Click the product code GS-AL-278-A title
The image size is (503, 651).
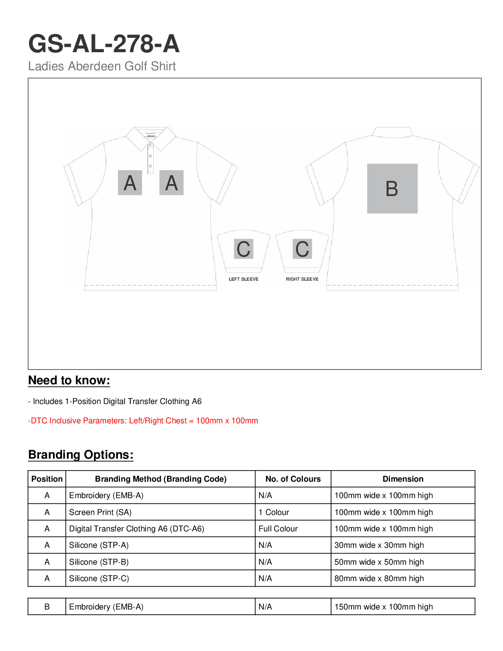104,44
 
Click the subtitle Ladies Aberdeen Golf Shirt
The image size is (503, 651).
102,66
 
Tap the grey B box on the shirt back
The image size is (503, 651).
392,189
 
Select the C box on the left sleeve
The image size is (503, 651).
243,249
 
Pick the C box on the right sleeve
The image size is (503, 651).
302,249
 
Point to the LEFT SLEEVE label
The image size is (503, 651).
243,279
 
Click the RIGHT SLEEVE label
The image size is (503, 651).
302,279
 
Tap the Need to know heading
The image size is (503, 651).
69,380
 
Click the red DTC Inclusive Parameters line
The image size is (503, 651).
143,420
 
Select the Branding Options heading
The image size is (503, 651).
81,455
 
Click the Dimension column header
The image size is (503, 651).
403,479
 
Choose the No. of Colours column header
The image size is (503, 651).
293,479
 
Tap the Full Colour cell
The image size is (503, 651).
278,529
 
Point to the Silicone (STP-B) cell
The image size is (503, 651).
99,562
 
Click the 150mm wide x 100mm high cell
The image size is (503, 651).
383,607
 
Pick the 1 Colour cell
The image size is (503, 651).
274,512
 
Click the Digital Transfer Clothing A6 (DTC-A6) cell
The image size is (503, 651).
136,529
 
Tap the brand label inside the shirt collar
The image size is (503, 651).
151,136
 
